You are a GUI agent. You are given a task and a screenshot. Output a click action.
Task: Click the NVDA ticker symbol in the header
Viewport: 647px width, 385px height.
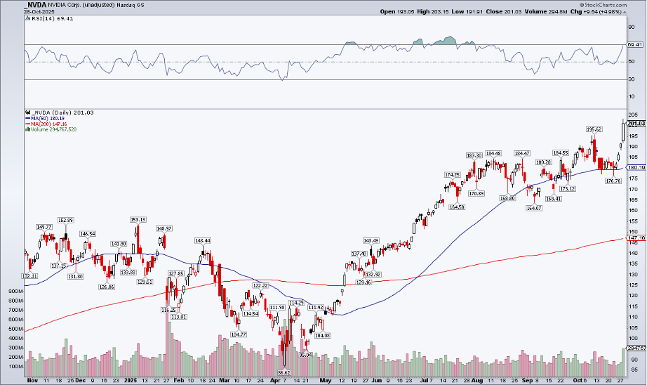click(x=34, y=5)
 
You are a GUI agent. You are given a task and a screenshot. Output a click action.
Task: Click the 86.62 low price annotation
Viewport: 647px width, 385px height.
click(x=284, y=372)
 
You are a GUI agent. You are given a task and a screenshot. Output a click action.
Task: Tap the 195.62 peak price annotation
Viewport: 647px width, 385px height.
click(x=594, y=129)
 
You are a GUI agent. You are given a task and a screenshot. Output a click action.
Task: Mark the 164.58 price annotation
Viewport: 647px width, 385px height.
click(x=458, y=207)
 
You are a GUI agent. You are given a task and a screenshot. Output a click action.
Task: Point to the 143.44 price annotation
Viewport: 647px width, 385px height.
click(x=203, y=241)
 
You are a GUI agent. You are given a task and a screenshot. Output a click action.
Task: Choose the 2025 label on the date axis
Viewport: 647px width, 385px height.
click(x=131, y=379)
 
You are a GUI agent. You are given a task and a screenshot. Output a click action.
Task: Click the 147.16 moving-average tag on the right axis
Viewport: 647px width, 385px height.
click(x=636, y=238)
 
